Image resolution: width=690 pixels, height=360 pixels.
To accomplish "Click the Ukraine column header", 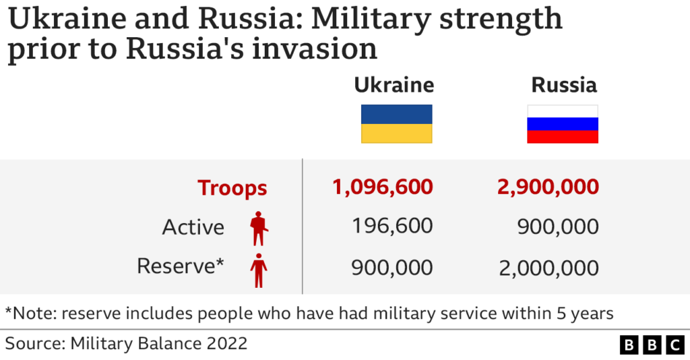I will pyautogui.click(x=394, y=86).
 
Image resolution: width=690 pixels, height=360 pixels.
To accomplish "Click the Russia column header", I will pyautogui.click(x=564, y=86).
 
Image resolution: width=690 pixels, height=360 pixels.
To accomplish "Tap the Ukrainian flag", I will pyautogui.click(x=396, y=124).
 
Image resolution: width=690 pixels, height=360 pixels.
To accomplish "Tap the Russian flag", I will pyautogui.click(x=563, y=124).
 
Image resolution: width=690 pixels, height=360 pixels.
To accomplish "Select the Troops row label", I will pyautogui.click(x=232, y=188).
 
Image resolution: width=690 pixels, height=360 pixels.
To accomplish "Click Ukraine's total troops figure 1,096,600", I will pyautogui.click(x=382, y=187).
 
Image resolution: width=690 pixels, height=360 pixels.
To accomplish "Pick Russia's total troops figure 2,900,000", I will pyautogui.click(x=548, y=187).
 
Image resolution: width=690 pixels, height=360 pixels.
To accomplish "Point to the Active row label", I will pyautogui.click(x=193, y=227).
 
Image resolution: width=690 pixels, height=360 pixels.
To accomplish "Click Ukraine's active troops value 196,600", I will pyautogui.click(x=392, y=226).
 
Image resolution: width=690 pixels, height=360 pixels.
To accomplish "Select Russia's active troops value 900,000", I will pyautogui.click(x=558, y=227).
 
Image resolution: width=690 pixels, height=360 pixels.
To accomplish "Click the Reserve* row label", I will pyautogui.click(x=181, y=266).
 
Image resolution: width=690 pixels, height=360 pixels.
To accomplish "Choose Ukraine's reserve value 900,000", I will pyautogui.click(x=392, y=267).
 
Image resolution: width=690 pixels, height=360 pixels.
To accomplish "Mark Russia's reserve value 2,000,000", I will pyautogui.click(x=548, y=268).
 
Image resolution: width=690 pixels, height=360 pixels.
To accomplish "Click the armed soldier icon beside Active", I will pyautogui.click(x=258, y=228).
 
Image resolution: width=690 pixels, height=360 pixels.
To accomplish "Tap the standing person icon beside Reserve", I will pyautogui.click(x=258, y=268).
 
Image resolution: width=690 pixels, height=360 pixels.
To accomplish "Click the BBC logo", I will pyautogui.click(x=652, y=345).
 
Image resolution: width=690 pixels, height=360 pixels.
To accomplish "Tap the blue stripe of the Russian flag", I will pyautogui.click(x=563, y=124).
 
